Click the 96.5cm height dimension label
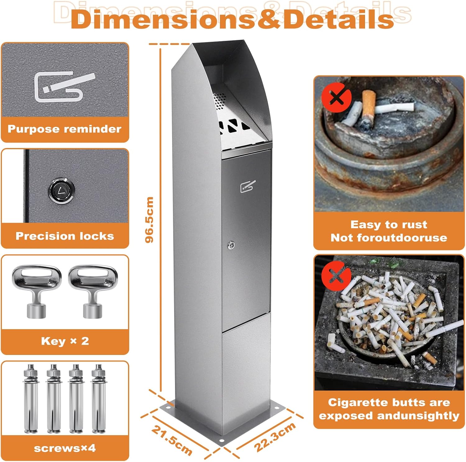pyautogui.click(x=149, y=220)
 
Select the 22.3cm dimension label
pyautogui.click(x=275, y=437)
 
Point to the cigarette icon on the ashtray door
pyautogui.click(x=248, y=186)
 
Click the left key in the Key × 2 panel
pyautogui.click(x=37, y=290)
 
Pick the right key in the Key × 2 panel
pyautogui.click(x=93, y=290)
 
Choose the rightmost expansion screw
pyautogui.click(x=99, y=399)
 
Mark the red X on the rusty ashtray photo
pyautogui.click(x=336, y=98)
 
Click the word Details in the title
pyautogui.click(x=339, y=19)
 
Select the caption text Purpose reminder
pyautogui.click(x=65, y=129)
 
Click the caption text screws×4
pyautogui.click(x=65, y=448)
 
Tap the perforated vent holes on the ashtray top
pyautogui.click(x=219, y=100)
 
